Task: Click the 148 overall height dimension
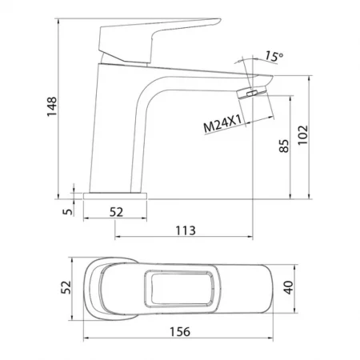(52, 106)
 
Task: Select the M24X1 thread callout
(222, 124)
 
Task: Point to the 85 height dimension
(284, 146)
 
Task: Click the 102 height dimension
(302, 135)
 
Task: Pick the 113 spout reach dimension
(186, 230)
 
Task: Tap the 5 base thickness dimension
(68, 211)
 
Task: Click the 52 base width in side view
(117, 212)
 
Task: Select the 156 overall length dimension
(180, 332)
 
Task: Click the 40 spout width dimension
(288, 287)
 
